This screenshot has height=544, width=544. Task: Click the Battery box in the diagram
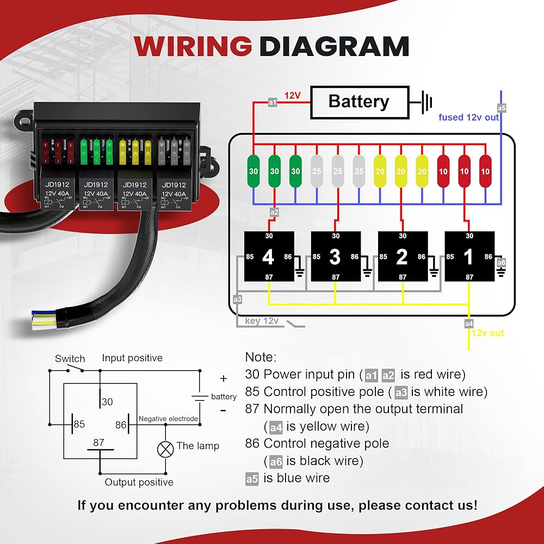click(360, 102)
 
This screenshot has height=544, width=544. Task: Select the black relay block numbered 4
click(269, 256)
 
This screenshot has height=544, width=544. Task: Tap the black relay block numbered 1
click(469, 256)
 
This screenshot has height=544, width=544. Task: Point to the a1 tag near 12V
click(273, 102)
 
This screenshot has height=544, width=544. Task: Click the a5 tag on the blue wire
click(502, 108)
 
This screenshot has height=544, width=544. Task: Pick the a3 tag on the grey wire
click(237, 299)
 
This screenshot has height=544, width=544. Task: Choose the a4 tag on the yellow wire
click(469, 324)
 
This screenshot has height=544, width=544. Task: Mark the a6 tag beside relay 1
click(502, 263)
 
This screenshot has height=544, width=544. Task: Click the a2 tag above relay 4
click(274, 212)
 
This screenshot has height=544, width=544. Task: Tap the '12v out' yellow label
click(488, 333)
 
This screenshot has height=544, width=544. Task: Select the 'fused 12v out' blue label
click(468, 118)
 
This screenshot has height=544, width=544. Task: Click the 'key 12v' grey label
click(262, 321)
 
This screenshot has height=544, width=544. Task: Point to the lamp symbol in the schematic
click(165, 450)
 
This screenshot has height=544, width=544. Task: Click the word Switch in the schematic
click(70, 358)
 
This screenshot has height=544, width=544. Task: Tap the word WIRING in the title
click(193, 46)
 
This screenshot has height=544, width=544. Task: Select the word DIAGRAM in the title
click(334, 46)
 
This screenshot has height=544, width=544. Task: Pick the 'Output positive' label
click(139, 482)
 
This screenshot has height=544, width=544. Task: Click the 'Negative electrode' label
click(168, 419)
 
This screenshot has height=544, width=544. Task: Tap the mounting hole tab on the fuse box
click(24, 121)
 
